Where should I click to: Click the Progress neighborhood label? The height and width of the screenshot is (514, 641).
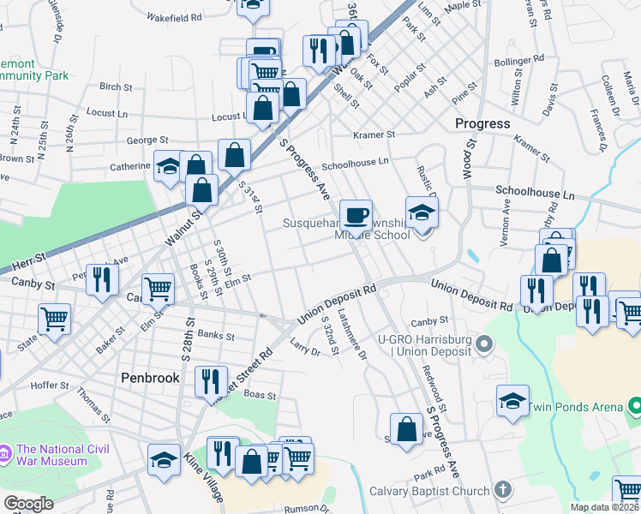[x=482, y=123]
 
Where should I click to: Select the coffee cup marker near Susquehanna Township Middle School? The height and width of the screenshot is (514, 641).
[x=356, y=214]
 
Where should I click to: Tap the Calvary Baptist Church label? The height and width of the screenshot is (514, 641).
[x=430, y=491]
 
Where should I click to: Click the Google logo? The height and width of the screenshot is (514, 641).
[x=28, y=504]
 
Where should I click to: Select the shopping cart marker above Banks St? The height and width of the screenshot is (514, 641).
[x=158, y=290]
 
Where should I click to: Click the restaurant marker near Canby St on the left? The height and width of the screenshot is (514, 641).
[x=102, y=279]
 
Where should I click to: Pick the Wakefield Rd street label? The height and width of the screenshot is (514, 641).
[x=174, y=16]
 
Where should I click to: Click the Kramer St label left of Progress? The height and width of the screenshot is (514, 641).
[x=374, y=134]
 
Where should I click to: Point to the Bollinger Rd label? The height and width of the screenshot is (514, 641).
[x=519, y=61]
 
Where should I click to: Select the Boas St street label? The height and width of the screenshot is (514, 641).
[x=258, y=396]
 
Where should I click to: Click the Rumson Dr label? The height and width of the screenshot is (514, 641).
[x=306, y=509]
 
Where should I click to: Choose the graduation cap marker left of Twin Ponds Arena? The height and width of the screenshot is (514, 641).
[x=512, y=400]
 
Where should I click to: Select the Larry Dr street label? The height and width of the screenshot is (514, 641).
[x=304, y=350]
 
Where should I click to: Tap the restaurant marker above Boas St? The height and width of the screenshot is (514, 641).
[x=211, y=381]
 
